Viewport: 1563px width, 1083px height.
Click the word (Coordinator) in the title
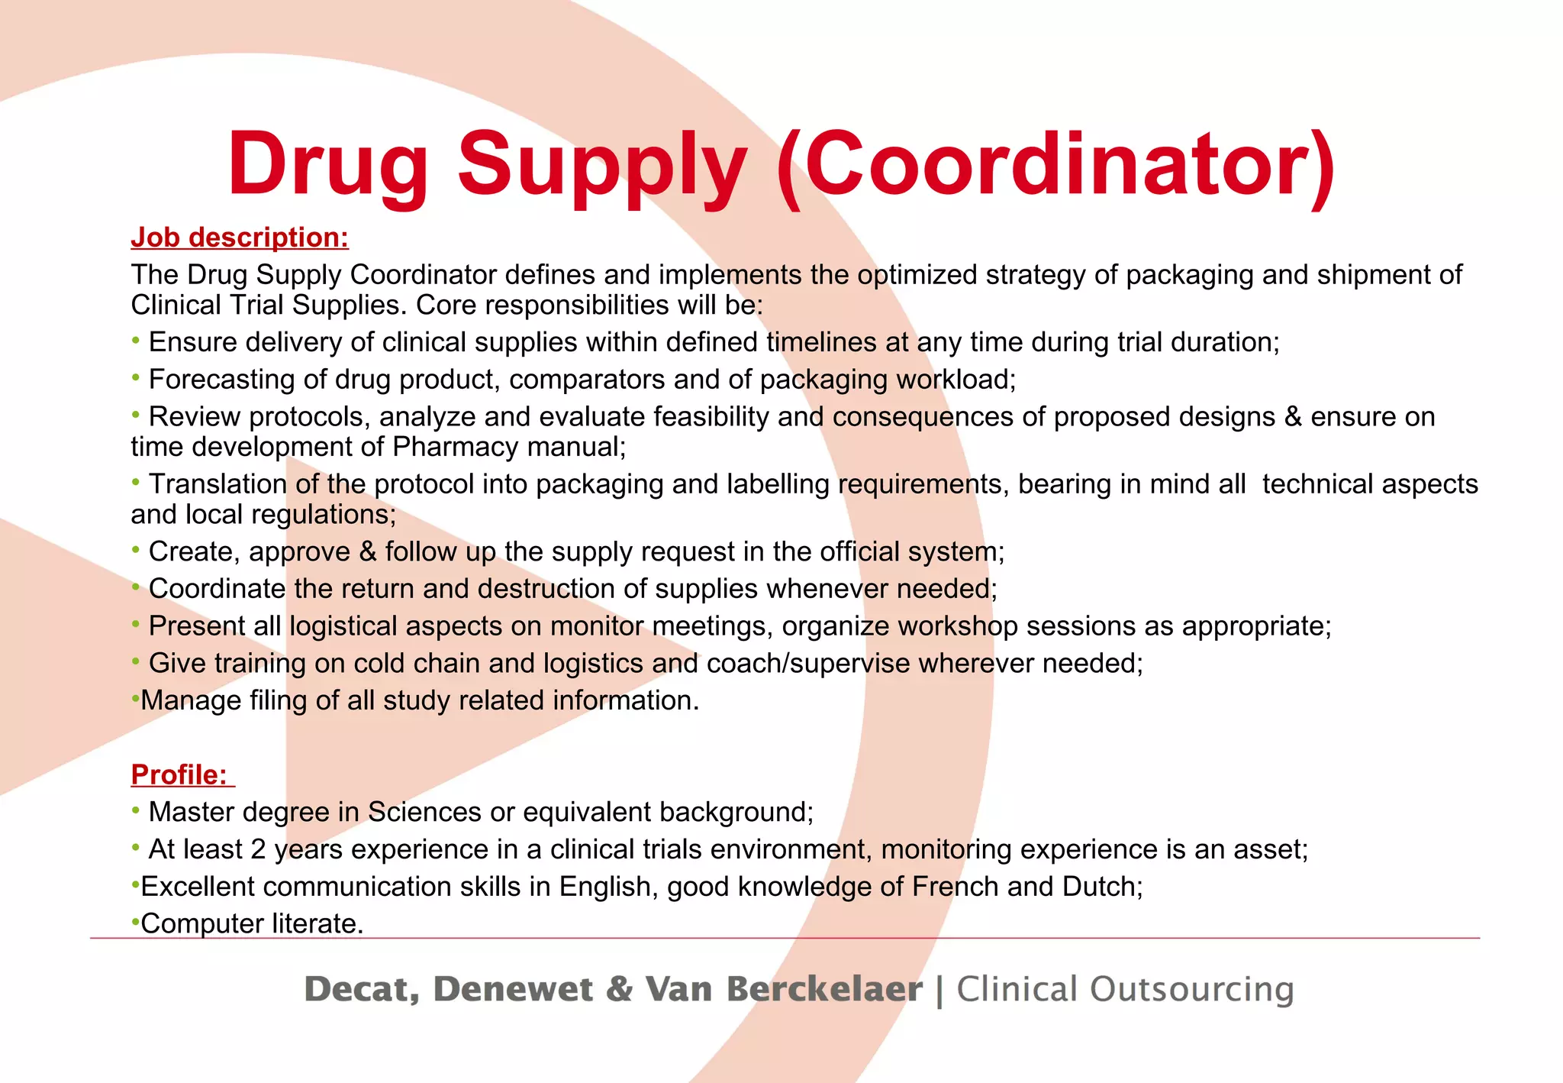1057,164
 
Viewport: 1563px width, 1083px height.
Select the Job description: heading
240,238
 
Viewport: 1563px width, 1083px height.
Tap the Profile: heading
180,774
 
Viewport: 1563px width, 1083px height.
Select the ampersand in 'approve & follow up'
368,551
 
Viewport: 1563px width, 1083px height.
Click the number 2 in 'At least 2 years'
258,849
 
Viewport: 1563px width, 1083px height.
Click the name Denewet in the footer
512,989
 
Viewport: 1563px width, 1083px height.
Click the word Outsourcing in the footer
1191,989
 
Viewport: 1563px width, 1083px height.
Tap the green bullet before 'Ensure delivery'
136,340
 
